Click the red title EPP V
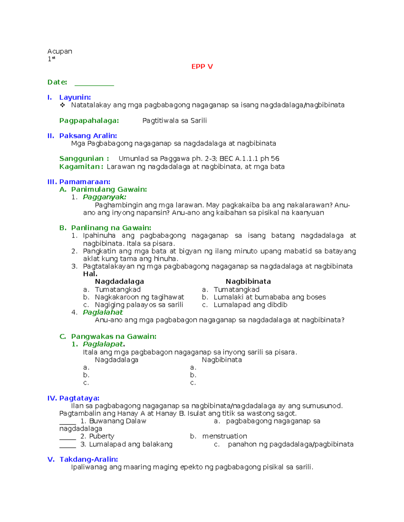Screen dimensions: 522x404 202,67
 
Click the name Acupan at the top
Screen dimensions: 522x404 60,51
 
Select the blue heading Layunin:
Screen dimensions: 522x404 75,97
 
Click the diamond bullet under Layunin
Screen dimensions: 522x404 62,105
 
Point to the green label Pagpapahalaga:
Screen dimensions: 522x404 89,121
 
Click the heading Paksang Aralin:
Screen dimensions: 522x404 88,136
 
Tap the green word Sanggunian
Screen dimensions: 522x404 81,159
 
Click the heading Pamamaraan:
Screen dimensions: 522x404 85,182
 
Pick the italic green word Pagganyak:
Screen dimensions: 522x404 104,197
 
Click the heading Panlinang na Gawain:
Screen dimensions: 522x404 111,228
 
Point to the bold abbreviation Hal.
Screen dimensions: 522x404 90,274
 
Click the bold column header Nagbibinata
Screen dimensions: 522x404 248,282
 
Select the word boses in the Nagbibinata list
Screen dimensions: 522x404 316,297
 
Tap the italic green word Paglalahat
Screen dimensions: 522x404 103,312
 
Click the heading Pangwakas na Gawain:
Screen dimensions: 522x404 113,336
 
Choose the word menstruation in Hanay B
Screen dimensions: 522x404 225,436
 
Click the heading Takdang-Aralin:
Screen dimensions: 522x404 89,459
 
